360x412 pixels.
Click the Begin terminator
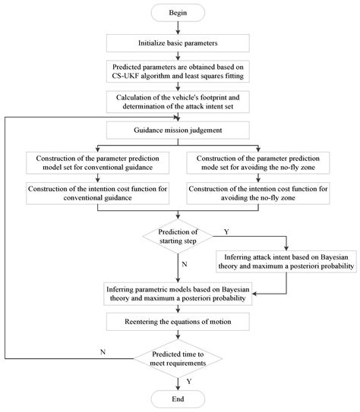pyautogui.click(x=179, y=12)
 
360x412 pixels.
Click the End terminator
pyautogui.click(x=179, y=398)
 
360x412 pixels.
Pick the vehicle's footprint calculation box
pyautogui.click(x=179, y=102)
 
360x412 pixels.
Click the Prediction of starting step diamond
pyautogui.click(x=179, y=234)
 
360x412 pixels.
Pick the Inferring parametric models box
pyautogui.click(x=179, y=293)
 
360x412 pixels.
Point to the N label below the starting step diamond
pyautogui.click(x=185, y=264)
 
